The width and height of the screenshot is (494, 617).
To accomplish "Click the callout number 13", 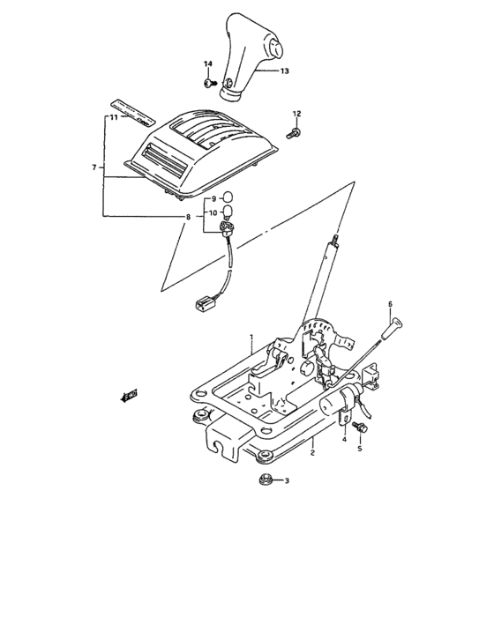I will [285, 71].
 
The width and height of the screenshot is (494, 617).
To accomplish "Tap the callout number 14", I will [209, 65].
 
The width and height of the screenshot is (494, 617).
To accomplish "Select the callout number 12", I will [296, 114].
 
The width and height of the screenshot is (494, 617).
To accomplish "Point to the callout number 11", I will [114, 117].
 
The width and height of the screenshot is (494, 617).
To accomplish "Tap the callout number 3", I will [284, 481].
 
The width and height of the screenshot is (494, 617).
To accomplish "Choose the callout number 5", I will [359, 448].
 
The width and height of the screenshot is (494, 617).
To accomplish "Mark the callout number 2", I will [312, 452].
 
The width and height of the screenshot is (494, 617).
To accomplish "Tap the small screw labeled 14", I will [208, 84].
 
